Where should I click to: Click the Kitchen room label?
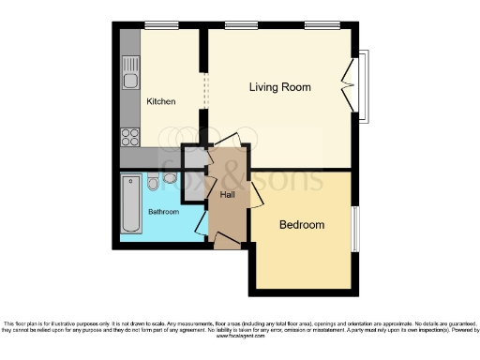[160, 101]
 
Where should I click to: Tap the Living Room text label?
[279, 87]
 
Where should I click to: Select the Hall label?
[228, 195]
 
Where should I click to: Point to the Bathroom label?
[163, 212]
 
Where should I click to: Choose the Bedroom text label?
[301, 225]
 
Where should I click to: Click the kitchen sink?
[130, 70]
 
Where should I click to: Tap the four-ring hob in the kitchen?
[130, 137]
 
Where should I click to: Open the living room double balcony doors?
[351, 85]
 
